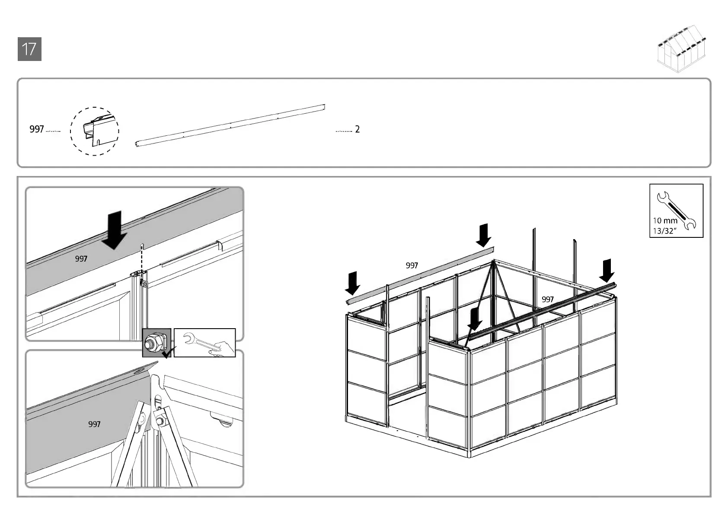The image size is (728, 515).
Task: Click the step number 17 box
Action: coord(29,49)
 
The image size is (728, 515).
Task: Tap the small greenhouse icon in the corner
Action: coord(683,49)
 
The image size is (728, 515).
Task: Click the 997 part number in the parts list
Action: coord(37,129)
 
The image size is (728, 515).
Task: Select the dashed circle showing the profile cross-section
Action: coord(94,131)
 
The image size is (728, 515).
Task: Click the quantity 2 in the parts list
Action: coord(357,129)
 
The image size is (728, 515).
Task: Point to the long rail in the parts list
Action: coord(230,125)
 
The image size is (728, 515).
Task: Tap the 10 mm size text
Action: coord(665,221)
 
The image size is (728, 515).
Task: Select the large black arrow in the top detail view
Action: coord(114,230)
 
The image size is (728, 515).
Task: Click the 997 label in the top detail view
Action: coord(81,259)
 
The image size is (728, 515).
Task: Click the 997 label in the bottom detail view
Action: coord(94,425)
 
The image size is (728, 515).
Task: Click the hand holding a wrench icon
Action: coord(205,343)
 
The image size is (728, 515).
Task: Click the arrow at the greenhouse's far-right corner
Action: coord(607,271)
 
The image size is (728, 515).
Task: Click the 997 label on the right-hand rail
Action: coord(548,299)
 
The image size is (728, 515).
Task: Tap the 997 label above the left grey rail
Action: coord(412,265)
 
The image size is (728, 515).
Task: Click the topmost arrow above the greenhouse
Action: coord(483,235)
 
